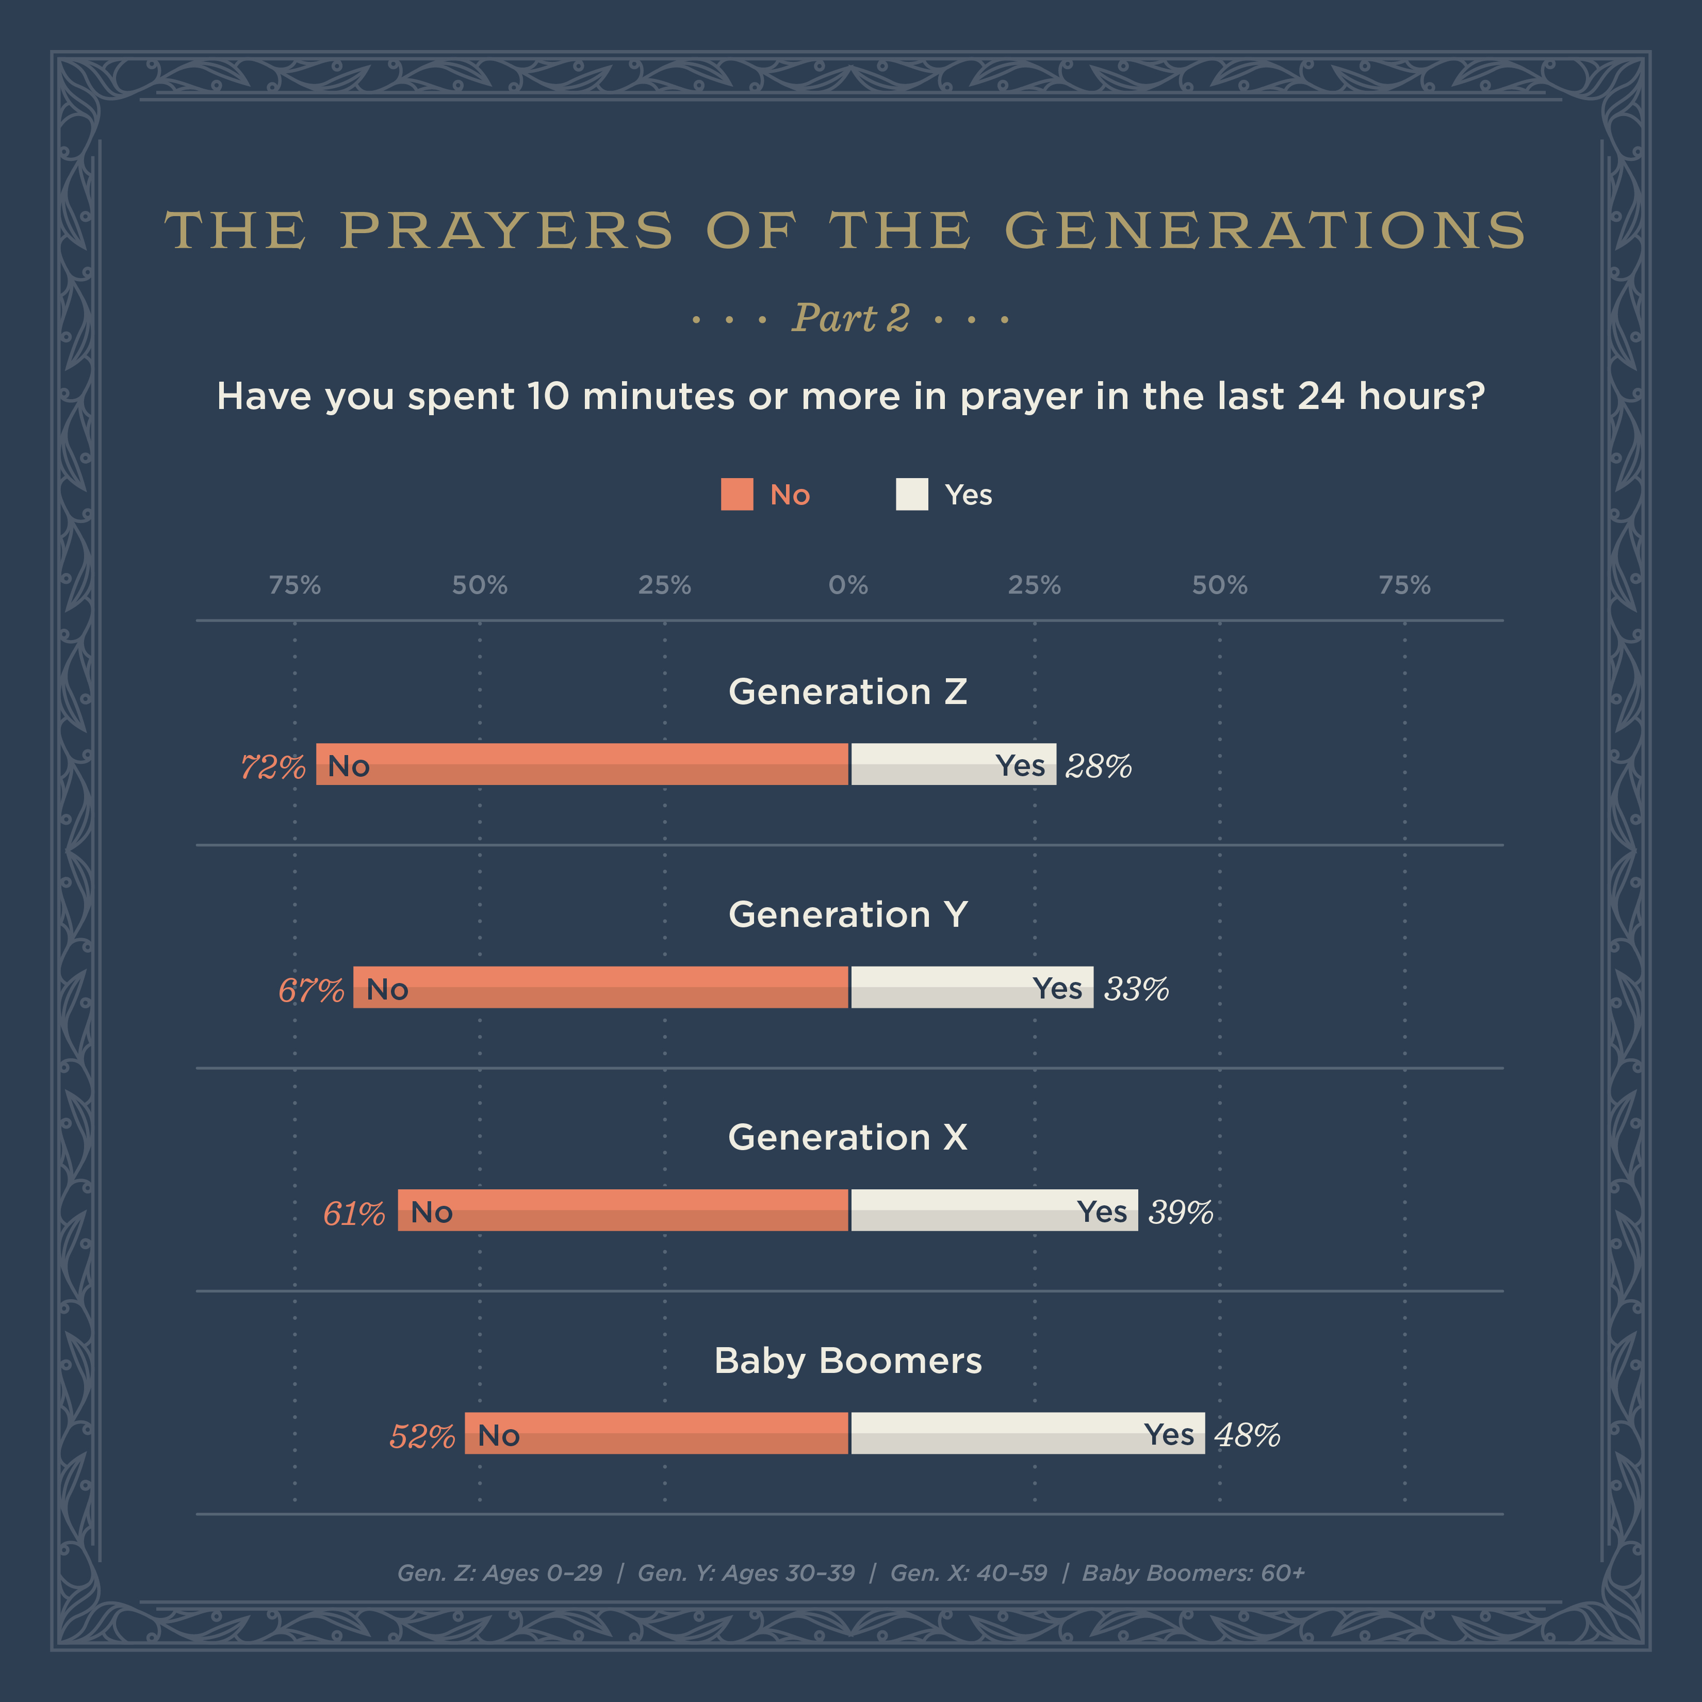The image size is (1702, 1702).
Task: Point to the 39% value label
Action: pyautogui.click(x=1181, y=1212)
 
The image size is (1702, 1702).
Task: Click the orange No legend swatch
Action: pyautogui.click(x=737, y=494)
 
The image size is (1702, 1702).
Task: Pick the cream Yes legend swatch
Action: pyautogui.click(x=912, y=494)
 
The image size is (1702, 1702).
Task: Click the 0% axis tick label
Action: pyautogui.click(x=848, y=585)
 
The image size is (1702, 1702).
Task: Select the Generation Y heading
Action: pyautogui.click(x=848, y=914)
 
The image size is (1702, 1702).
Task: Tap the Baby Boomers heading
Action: pyautogui.click(x=848, y=1360)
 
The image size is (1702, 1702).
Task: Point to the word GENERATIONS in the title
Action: pyautogui.click(x=1265, y=231)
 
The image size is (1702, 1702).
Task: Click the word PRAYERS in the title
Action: pyautogui.click(x=506, y=231)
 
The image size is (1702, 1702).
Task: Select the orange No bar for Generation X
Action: pyautogui.click(x=623, y=1210)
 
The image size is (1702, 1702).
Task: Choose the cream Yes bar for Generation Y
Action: pyautogui.click(x=972, y=987)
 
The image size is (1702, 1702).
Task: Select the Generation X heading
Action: pyautogui.click(x=848, y=1137)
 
